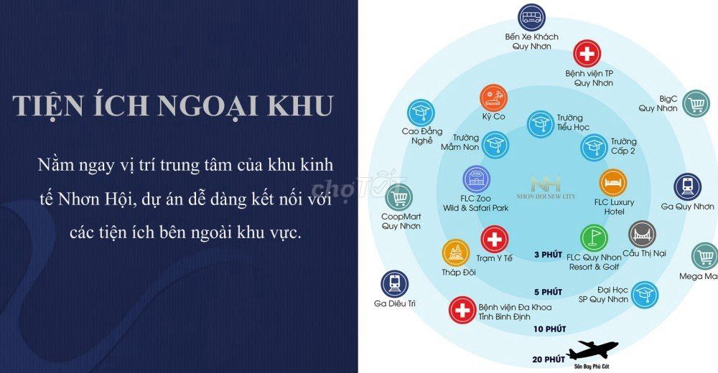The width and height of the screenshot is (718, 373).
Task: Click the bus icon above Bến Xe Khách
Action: tap(531, 17)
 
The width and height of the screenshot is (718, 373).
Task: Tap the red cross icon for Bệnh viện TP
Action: tap(587, 54)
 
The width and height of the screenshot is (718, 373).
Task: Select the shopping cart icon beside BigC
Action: tap(696, 103)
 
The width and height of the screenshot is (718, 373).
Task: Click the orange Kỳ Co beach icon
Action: tap(494, 98)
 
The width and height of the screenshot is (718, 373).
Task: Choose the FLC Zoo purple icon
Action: tap(476, 179)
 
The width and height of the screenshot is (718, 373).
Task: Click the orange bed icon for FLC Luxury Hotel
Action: tap(613, 183)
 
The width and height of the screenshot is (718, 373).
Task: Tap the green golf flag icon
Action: tap(595, 238)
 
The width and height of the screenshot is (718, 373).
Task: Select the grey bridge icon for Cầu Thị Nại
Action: tap(643, 235)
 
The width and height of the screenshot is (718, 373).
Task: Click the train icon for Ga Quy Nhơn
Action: tap(687, 187)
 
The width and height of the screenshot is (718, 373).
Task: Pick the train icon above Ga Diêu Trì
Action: tap(394, 284)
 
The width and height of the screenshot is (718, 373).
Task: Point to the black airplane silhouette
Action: tap(592, 351)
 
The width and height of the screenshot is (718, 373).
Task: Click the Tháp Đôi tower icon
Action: tap(456, 253)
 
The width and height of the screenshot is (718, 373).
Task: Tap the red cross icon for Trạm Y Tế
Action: tap(494, 240)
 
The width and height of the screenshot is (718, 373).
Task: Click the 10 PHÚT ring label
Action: tap(549, 329)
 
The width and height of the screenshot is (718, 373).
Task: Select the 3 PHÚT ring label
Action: tap(548, 255)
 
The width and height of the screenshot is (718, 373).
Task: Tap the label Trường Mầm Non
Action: tap(460, 142)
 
